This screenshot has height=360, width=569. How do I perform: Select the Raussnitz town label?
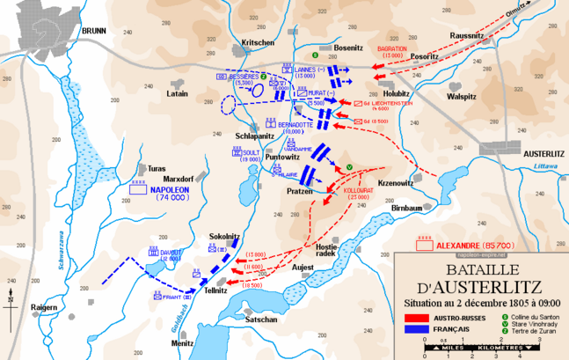[x=490, y=35]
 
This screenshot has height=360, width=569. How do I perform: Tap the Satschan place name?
[x=262, y=320]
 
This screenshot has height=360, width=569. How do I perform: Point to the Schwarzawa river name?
[x=63, y=256]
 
